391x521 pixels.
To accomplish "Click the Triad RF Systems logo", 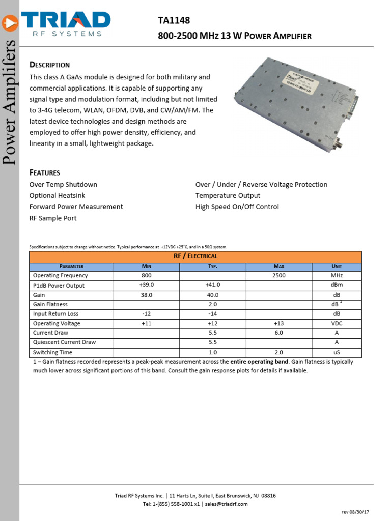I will click(64, 23).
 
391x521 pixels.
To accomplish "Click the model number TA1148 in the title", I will click(174, 20).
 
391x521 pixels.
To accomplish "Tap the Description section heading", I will click(49, 65).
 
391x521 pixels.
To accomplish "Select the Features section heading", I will click(45, 172).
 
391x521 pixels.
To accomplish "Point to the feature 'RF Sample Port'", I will click(53, 218).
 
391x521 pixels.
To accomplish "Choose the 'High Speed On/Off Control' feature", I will click(237, 207).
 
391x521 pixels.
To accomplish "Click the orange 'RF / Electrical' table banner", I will click(195, 256).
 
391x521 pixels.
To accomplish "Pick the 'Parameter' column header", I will click(71, 266).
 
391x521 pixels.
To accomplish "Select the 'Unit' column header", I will click(337, 266).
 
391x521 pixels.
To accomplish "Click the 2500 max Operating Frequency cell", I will click(278, 275).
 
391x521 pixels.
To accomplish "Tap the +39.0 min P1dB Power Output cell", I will click(147, 285).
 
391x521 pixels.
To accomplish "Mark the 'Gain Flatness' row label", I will click(50, 304).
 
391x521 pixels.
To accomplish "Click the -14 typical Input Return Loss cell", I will click(213, 314).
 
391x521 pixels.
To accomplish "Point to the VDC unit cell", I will click(337, 323).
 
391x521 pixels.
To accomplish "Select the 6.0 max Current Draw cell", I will click(278, 333).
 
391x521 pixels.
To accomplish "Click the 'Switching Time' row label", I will click(52, 352).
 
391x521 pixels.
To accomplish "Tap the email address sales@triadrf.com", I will click(227, 504).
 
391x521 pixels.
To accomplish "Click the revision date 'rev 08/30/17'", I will click(355, 511).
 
